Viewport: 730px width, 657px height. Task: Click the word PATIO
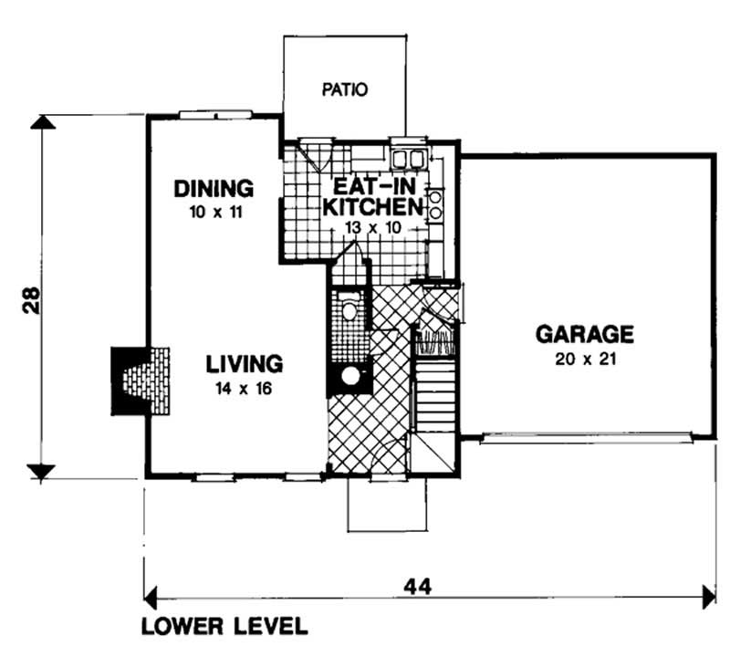coord(345,89)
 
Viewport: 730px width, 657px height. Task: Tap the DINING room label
coord(213,189)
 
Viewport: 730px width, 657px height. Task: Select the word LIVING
coord(244,363)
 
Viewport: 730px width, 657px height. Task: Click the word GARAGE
coord(584,333)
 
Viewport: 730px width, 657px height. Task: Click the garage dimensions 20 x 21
coord(585,359)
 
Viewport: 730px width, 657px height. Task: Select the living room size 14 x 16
coord(243,388)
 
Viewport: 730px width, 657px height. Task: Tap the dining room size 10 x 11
coord(213,213)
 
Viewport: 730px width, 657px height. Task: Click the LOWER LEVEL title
coord(224,628)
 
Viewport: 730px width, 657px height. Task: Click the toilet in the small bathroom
coord(348,310)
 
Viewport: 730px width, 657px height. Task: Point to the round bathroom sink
coord(349,376)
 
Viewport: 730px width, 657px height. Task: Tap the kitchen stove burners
coord(435,204)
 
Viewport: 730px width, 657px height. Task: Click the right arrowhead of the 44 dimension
coord(708,598)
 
